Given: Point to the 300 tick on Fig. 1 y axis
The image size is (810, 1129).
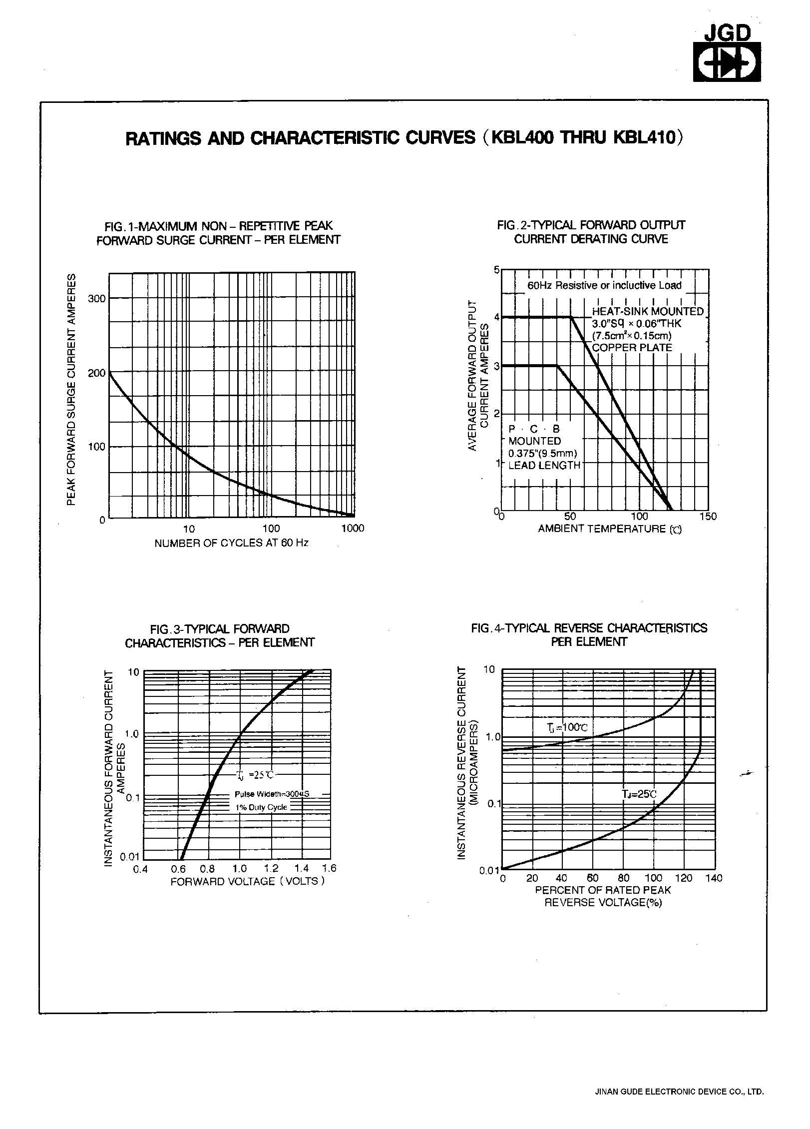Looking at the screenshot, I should (x=97, y=299).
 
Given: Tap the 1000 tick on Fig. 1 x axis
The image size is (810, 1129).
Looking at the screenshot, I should (x=353, y=529).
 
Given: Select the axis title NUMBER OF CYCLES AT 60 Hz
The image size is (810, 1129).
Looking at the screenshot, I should (x=231, y=543).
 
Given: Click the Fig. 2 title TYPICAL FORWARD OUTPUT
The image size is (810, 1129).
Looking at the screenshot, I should (x=591, y=225).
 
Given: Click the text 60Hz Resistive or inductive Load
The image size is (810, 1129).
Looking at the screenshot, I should (x=604, y=286).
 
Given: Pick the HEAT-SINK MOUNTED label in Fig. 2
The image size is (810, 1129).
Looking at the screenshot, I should (x=648, y=312).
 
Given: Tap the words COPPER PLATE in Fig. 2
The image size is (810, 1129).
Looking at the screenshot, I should (x=632, y=348).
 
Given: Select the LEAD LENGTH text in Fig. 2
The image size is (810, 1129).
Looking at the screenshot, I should (x=544, y=465).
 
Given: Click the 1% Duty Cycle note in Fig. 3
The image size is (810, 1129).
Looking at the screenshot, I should (x=261, y=807).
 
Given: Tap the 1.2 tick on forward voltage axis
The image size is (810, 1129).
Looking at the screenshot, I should (x=271, y=869).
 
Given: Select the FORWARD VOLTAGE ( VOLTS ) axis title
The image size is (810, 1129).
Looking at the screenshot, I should (x=248, y=881).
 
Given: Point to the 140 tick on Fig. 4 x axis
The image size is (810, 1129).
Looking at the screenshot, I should (x=714, y=878).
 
